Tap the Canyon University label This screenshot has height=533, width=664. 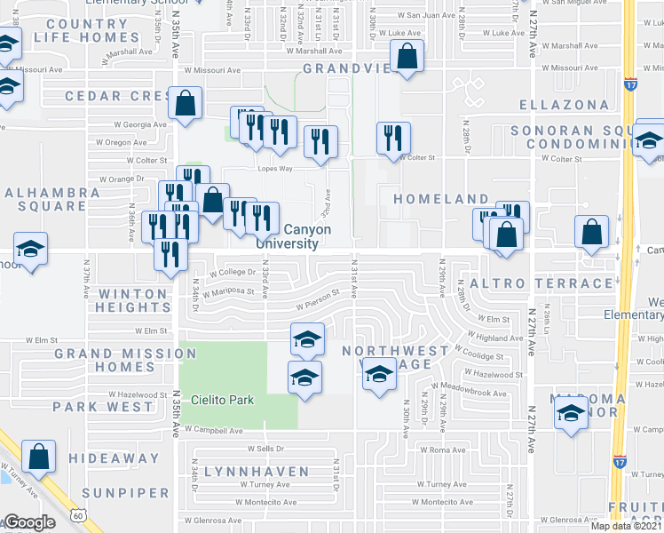click(293, 236)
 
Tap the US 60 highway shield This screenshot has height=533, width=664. click(80, 515)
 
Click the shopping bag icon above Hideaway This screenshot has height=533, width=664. click(39, 457)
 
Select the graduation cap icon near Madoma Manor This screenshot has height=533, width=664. click(571, 415)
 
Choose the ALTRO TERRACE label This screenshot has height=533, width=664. click(541, 283)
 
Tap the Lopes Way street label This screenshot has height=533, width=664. click(275, 167)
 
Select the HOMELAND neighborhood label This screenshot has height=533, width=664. click(441, 199)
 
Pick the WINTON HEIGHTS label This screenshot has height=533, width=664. click(133, 300)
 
